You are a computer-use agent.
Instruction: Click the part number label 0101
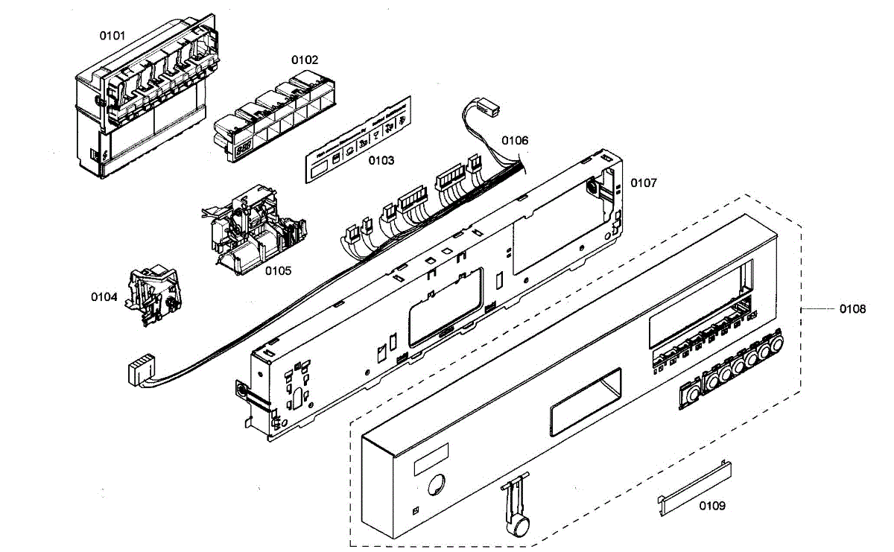click(x=113, y=36)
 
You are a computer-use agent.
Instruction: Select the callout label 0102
click(x=304, y=60)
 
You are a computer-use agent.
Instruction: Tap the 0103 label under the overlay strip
click(x=380, y=160)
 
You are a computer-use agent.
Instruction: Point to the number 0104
click(x=104, y=296)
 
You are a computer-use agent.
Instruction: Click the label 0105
click(x=278, y=270)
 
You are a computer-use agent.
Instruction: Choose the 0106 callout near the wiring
click(x=514, y=140)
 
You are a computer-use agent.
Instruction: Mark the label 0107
click(x=644, y=183)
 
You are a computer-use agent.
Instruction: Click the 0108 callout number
click(x=852, y=308)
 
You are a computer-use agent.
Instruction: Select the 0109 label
click(x=711, y=506)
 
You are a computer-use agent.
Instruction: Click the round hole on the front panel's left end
click(x=435, y=485)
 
